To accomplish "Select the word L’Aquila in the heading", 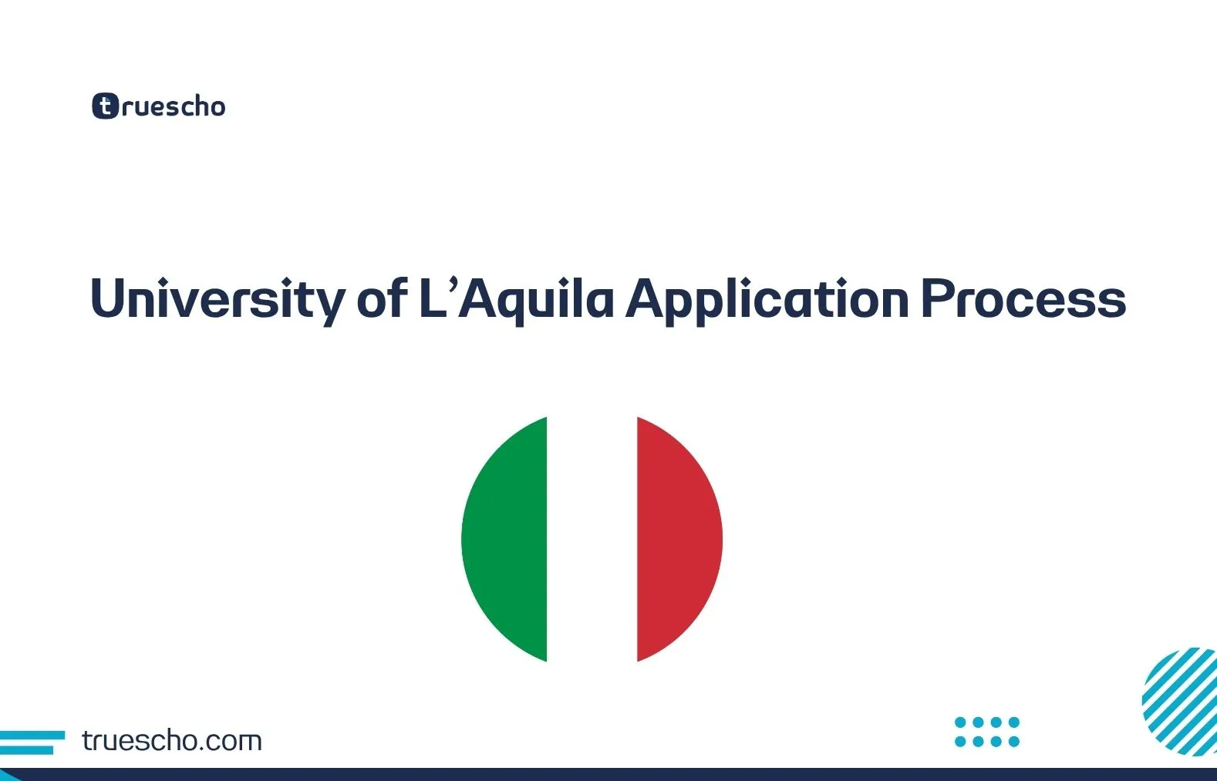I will (x=515, y=299).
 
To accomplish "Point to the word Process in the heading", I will (x=1023, y=299).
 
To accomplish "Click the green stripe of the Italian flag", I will (x=505, y=539).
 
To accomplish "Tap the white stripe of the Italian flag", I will (x=592, y=539).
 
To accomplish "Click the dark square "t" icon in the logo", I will (x=105, y=106).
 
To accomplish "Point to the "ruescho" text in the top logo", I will (x=174, y=106).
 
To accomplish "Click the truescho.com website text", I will (x=171, y=741).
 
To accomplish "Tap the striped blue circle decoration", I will (x=1180, y=700).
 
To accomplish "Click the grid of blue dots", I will (x=986, y=732).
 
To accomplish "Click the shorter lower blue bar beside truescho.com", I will (x=26, y=749).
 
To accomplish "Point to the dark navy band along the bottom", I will (x=608, y=774).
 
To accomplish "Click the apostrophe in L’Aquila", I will (x=451, y=284).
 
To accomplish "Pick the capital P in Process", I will (x=937, y=298).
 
